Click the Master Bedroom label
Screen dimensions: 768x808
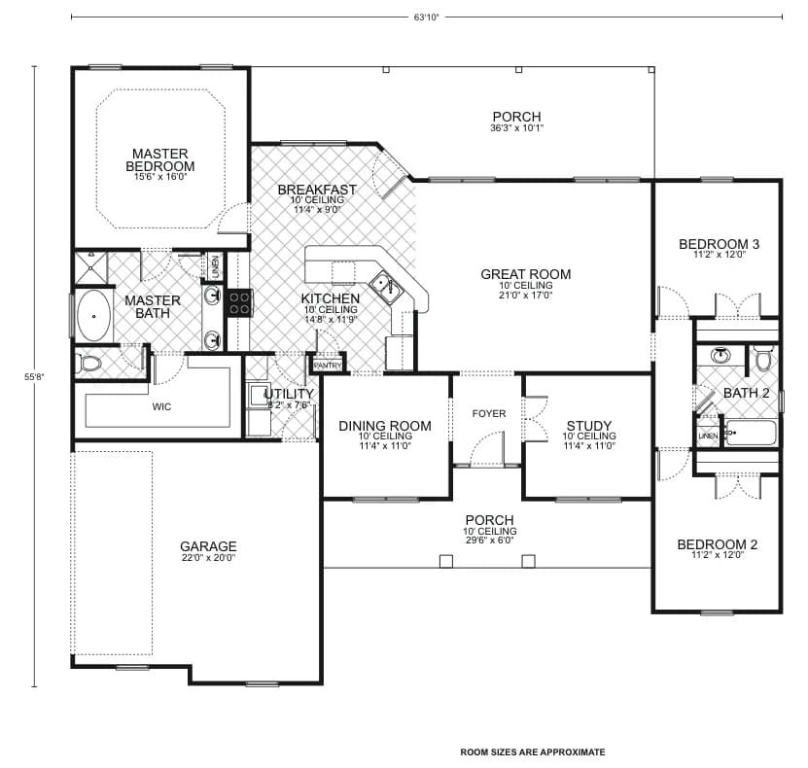click(x=160, y=159)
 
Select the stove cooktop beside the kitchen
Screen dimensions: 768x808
click(x=239, y=302)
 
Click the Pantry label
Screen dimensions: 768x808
click(x=327, y=366)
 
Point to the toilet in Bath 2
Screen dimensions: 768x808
click(x=763, y=362)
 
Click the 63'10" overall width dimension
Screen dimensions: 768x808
click(x=426, y=17)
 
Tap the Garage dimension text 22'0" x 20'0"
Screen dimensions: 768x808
click(x=208, y=558)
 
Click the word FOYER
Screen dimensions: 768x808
click(x=488, y=414)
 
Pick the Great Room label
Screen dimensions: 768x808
click(x=525, y=274)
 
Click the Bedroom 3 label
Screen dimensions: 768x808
click(x=719, y=244)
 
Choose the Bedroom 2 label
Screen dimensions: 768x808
click(x=717, y=543)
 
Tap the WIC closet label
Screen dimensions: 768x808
click(x=161, y=406)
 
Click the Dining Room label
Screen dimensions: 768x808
click(x=386, y=426)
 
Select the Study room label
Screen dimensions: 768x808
click(x=588, y=426)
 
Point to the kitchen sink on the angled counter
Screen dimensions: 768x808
click(x=390, y=286)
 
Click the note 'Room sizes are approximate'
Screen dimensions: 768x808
click(x=532, y=752)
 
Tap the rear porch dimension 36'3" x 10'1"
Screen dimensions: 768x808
click(x=516, y=127)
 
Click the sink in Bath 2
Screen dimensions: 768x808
click(x=720, y=355)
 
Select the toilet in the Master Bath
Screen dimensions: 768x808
click(x=90, y=364)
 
